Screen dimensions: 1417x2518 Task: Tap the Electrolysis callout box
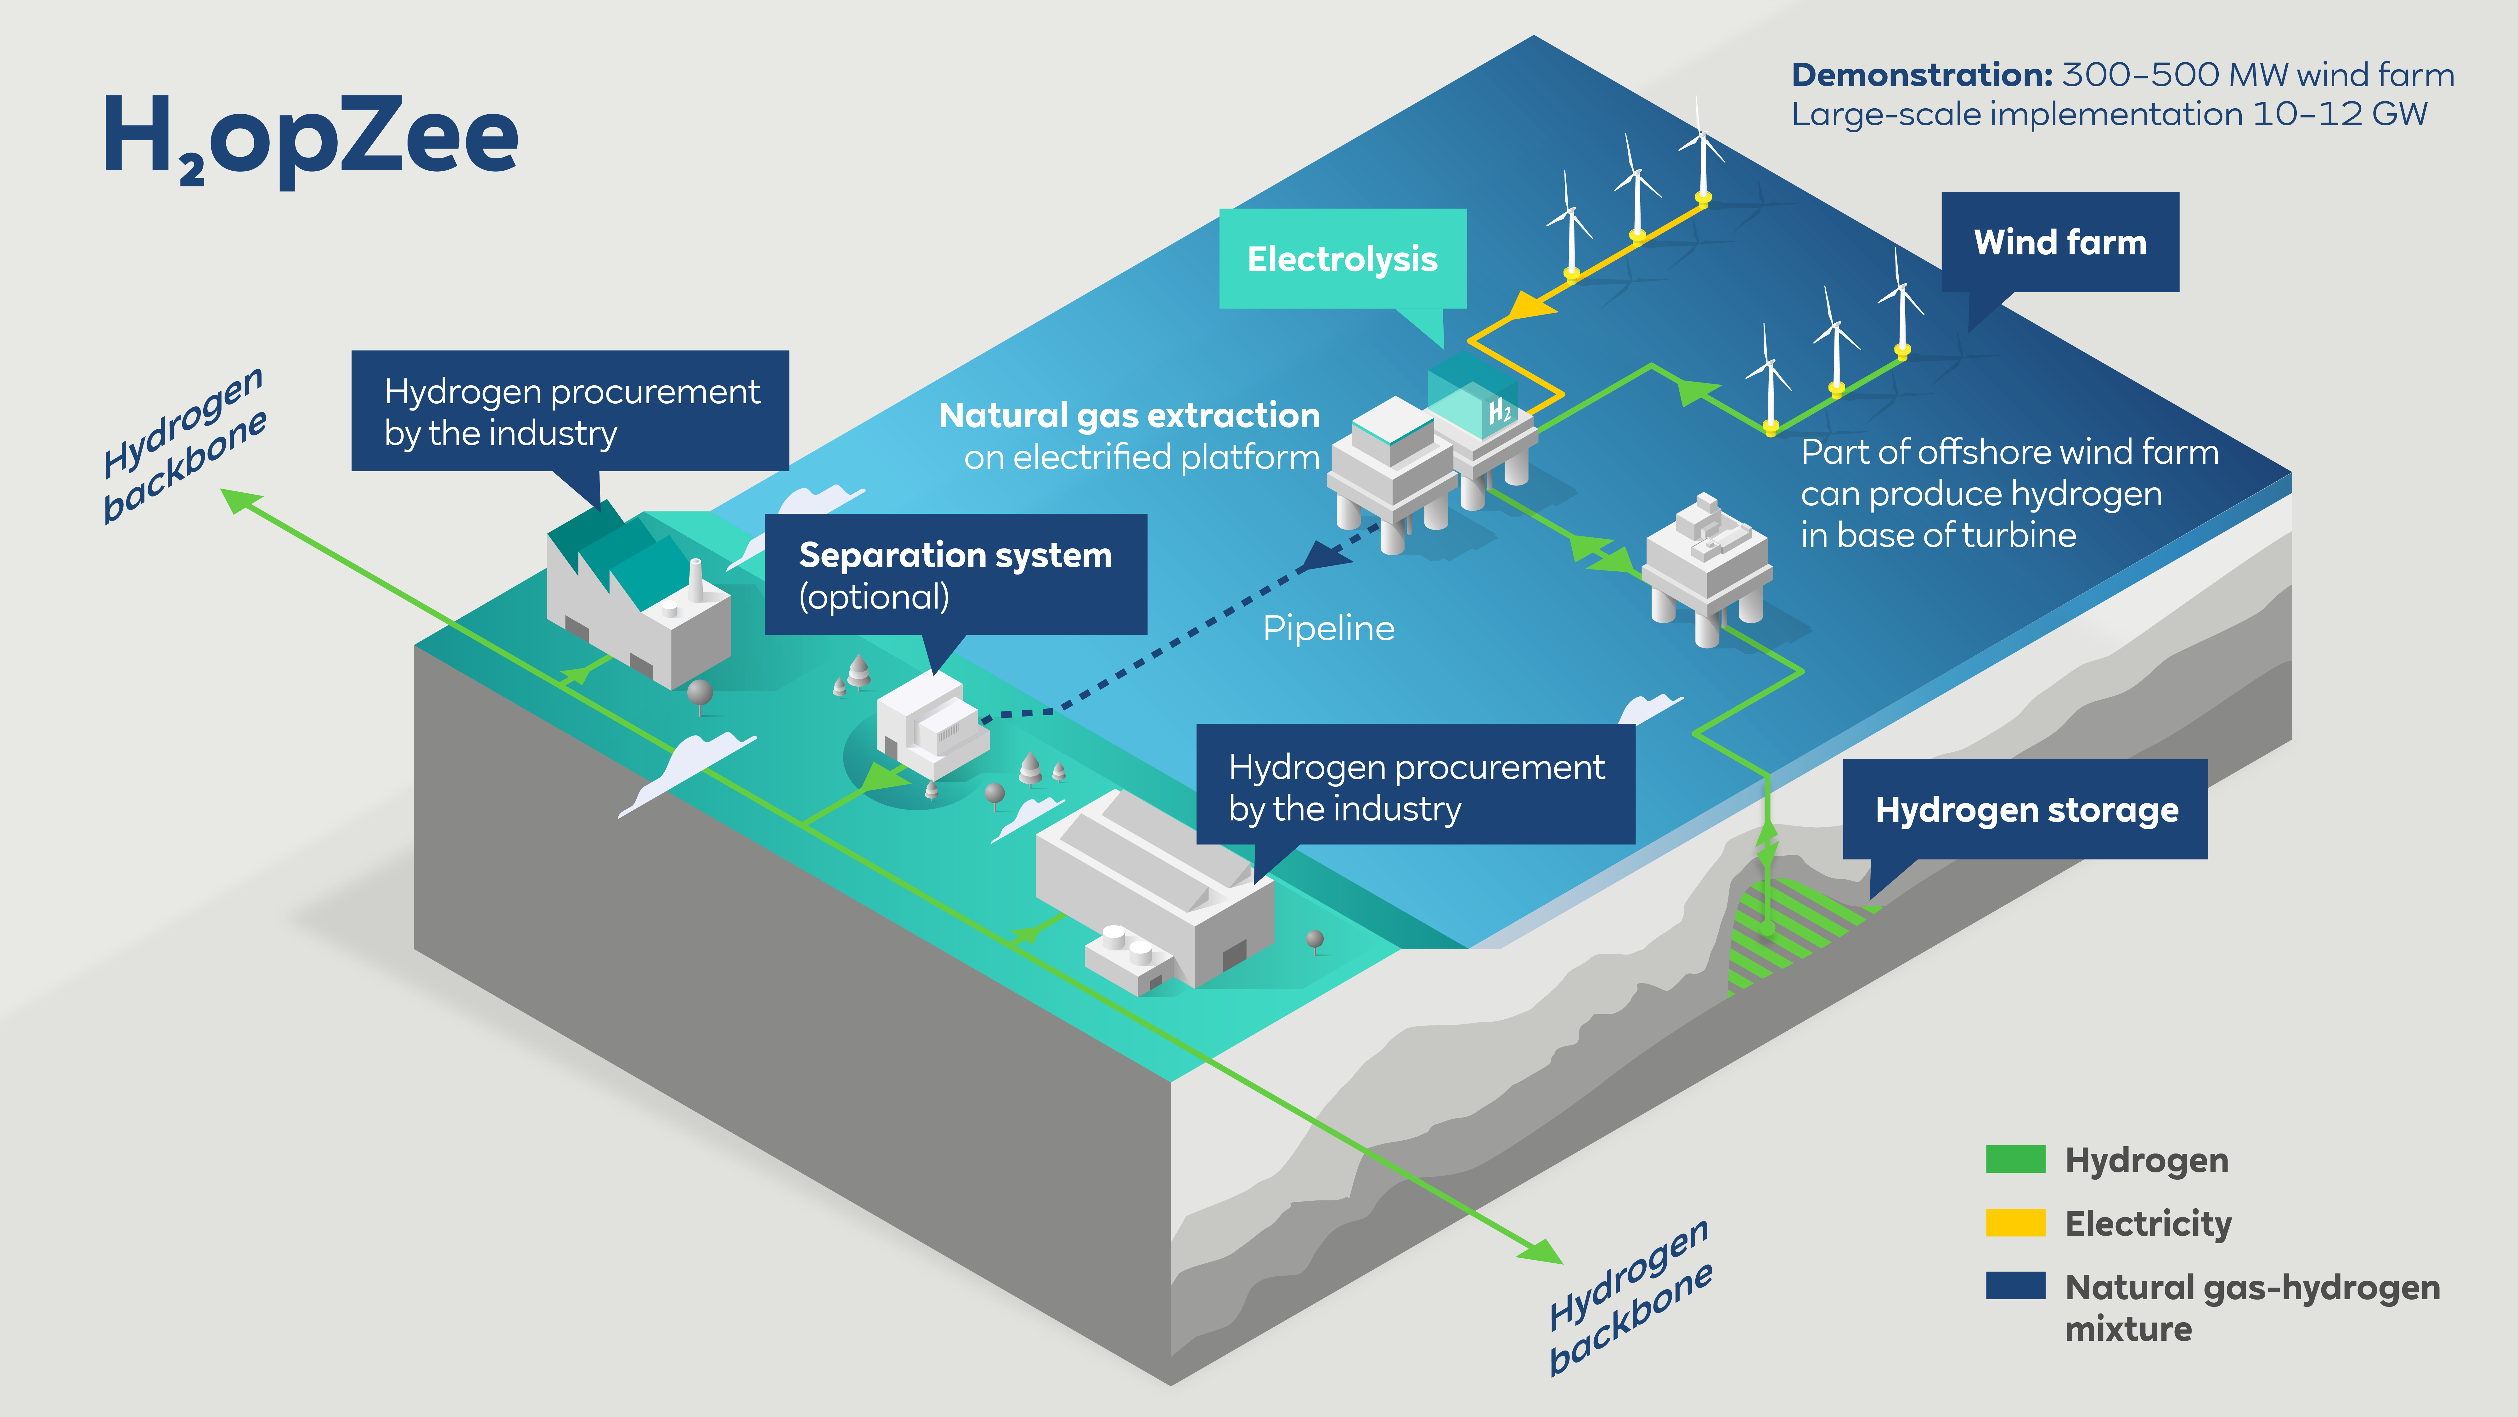click(1342, 259)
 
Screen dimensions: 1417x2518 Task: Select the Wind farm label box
click(2059, 241)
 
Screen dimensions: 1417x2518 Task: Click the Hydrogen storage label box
click(2025, 810)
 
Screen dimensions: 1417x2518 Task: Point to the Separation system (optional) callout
click(955, 575)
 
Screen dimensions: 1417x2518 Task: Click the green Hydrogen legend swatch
click(2014, 1160)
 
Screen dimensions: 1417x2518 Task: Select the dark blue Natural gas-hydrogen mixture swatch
click(2014, 1286)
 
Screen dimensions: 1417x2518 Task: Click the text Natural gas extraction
click(1129, 416)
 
